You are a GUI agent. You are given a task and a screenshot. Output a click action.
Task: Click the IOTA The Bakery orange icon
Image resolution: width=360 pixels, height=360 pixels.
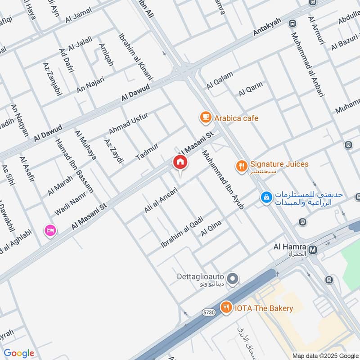(x=226, y=308)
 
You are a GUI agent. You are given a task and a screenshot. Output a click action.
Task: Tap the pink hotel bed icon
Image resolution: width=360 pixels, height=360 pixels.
(x=50, y=230)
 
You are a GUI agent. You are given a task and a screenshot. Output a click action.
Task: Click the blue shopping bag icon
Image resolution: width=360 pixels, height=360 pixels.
(x=267, y=197)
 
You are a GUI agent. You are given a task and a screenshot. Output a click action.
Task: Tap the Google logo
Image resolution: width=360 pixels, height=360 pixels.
(x=19, y=353)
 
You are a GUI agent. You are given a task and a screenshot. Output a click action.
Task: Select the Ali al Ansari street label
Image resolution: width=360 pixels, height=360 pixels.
(x=160, y=200)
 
